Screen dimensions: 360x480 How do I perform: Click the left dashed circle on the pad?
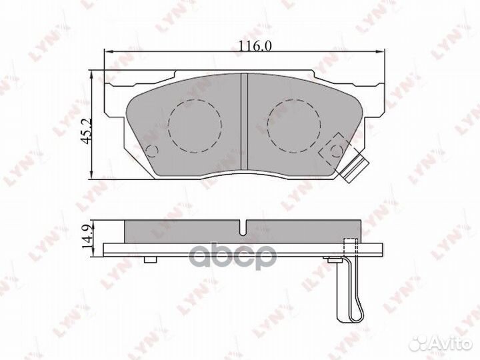coord(195,125)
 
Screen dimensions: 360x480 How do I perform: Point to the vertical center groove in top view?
coord(244,123)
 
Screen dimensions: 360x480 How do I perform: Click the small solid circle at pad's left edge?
coord(151,151)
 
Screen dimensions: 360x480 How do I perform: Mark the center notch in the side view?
coord(244,227)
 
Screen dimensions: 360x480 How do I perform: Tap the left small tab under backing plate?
coord(151,257)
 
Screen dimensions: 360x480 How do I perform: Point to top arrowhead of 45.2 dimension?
coord(91,69)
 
